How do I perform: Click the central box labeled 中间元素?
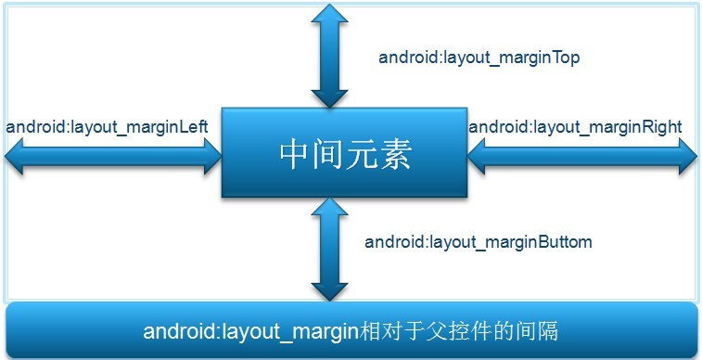click(344, 153)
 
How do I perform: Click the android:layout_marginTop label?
click(479, 58)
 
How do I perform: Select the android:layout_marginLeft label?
click(107, 126)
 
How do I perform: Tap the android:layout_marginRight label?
click(575, 126)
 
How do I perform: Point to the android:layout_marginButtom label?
click(479, 242)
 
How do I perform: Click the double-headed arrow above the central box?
click(329, 56)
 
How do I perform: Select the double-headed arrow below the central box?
click(329, 247)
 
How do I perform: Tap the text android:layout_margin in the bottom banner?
click(249, 331)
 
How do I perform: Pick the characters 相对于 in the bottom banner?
click(389, 331)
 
